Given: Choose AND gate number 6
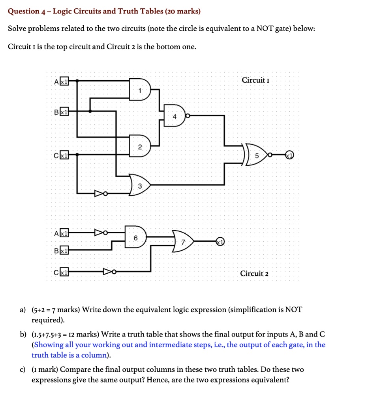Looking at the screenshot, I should pos(136,238).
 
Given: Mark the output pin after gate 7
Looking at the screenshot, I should pos(220,241).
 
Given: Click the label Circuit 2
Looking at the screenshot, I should pos(254,273).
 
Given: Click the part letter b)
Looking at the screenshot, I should pos(23,334).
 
